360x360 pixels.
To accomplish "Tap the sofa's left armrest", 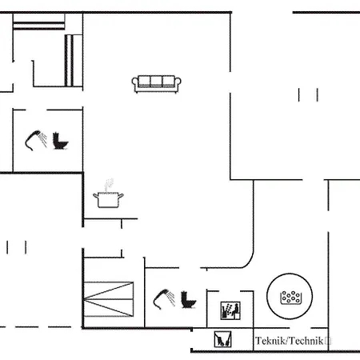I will click(137, 83).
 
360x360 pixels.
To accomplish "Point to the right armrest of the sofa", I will click(178, 83).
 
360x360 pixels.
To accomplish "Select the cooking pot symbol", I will click(106, 198).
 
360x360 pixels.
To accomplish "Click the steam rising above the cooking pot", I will click(110, 184).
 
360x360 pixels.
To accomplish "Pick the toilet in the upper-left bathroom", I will click(61, 141).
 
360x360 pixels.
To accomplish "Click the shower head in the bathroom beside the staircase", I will click(164, 297).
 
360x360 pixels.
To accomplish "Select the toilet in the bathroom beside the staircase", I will click(190, 300).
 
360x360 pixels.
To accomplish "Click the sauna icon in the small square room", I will click(230, 309).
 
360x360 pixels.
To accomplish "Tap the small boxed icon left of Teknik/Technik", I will click(222, 340).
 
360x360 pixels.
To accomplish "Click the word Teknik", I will click(270, 341).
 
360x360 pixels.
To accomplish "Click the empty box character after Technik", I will click(329, 341).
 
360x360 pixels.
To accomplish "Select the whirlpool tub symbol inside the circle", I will click(290, 297).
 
